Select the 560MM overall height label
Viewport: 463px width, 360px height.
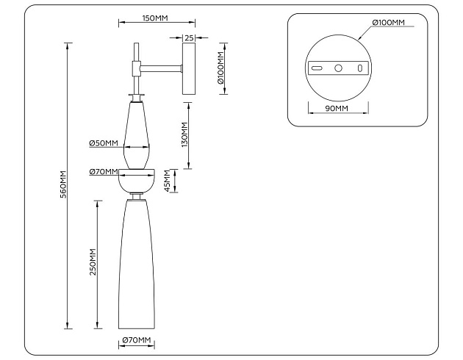point(63,184)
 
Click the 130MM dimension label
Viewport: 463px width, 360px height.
point(184,134)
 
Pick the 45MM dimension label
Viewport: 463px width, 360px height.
point(167,180)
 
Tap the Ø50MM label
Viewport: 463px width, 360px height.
point(104,143)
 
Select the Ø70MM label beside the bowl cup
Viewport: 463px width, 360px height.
point(104,172)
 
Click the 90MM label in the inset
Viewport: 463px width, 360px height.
point(337,109)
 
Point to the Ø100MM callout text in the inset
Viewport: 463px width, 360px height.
point(389,23)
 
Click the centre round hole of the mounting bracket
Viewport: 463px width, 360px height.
point(339,68)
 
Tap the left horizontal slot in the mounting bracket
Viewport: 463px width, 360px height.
point(317,68)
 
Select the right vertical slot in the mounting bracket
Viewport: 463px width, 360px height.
point(359,68)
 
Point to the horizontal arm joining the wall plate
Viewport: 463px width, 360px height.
point(160,69)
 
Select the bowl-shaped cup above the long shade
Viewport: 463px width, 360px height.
point(137,179)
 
